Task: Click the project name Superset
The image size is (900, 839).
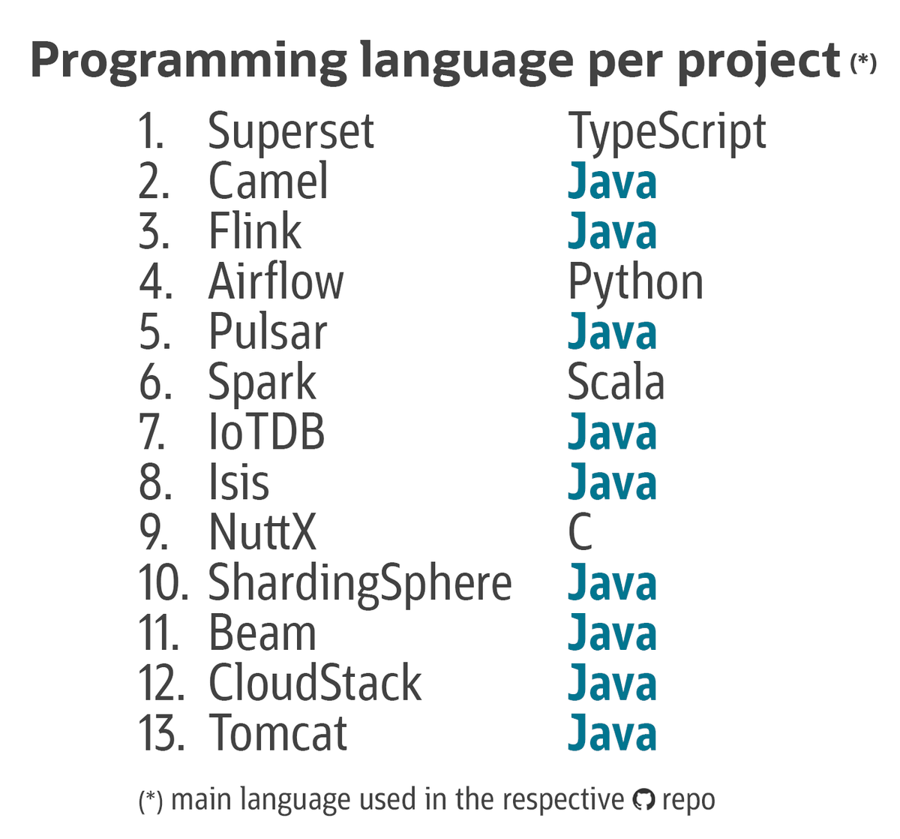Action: point(290,132)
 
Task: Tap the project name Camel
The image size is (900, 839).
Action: point(268,182)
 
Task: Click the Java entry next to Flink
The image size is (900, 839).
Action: point(612,232)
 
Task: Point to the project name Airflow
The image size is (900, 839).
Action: point(275,282)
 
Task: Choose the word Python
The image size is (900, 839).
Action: point(635,284)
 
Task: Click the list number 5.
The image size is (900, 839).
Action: point(154,332)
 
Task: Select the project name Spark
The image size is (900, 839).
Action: point(262,383)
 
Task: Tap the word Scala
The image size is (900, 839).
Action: point(616,383)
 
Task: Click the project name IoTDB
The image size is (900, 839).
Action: point(266,433)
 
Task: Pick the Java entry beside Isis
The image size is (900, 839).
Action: point(612,483)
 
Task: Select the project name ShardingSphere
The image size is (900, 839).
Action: point(359,584)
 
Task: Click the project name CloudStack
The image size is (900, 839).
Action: point(314,684)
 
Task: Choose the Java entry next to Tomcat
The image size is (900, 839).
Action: point(612,734)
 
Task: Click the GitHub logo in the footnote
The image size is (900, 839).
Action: point(643,801)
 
